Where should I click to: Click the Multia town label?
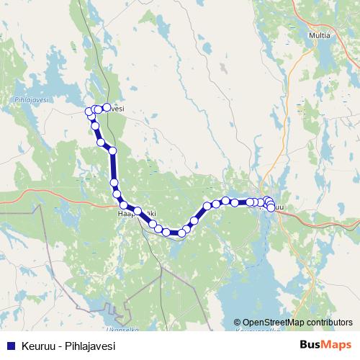click(328, 34)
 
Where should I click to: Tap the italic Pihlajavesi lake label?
click(31, 101)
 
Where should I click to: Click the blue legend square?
click(11, 346)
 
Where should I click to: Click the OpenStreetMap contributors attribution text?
click(297, 323)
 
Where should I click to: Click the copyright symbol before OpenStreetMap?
click(237, 323)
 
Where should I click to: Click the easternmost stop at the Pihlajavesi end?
click(107, 107)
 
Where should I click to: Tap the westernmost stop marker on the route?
click(89, 111)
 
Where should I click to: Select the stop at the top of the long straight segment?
click(112, 150)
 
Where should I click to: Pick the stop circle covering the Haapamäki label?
click(138, 211)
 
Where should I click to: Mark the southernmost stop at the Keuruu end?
click(271, 208)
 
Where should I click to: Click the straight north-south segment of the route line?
click(114, 167)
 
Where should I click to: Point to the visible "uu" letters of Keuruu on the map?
click(280, 208)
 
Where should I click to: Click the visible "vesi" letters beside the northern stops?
click(117, 109)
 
